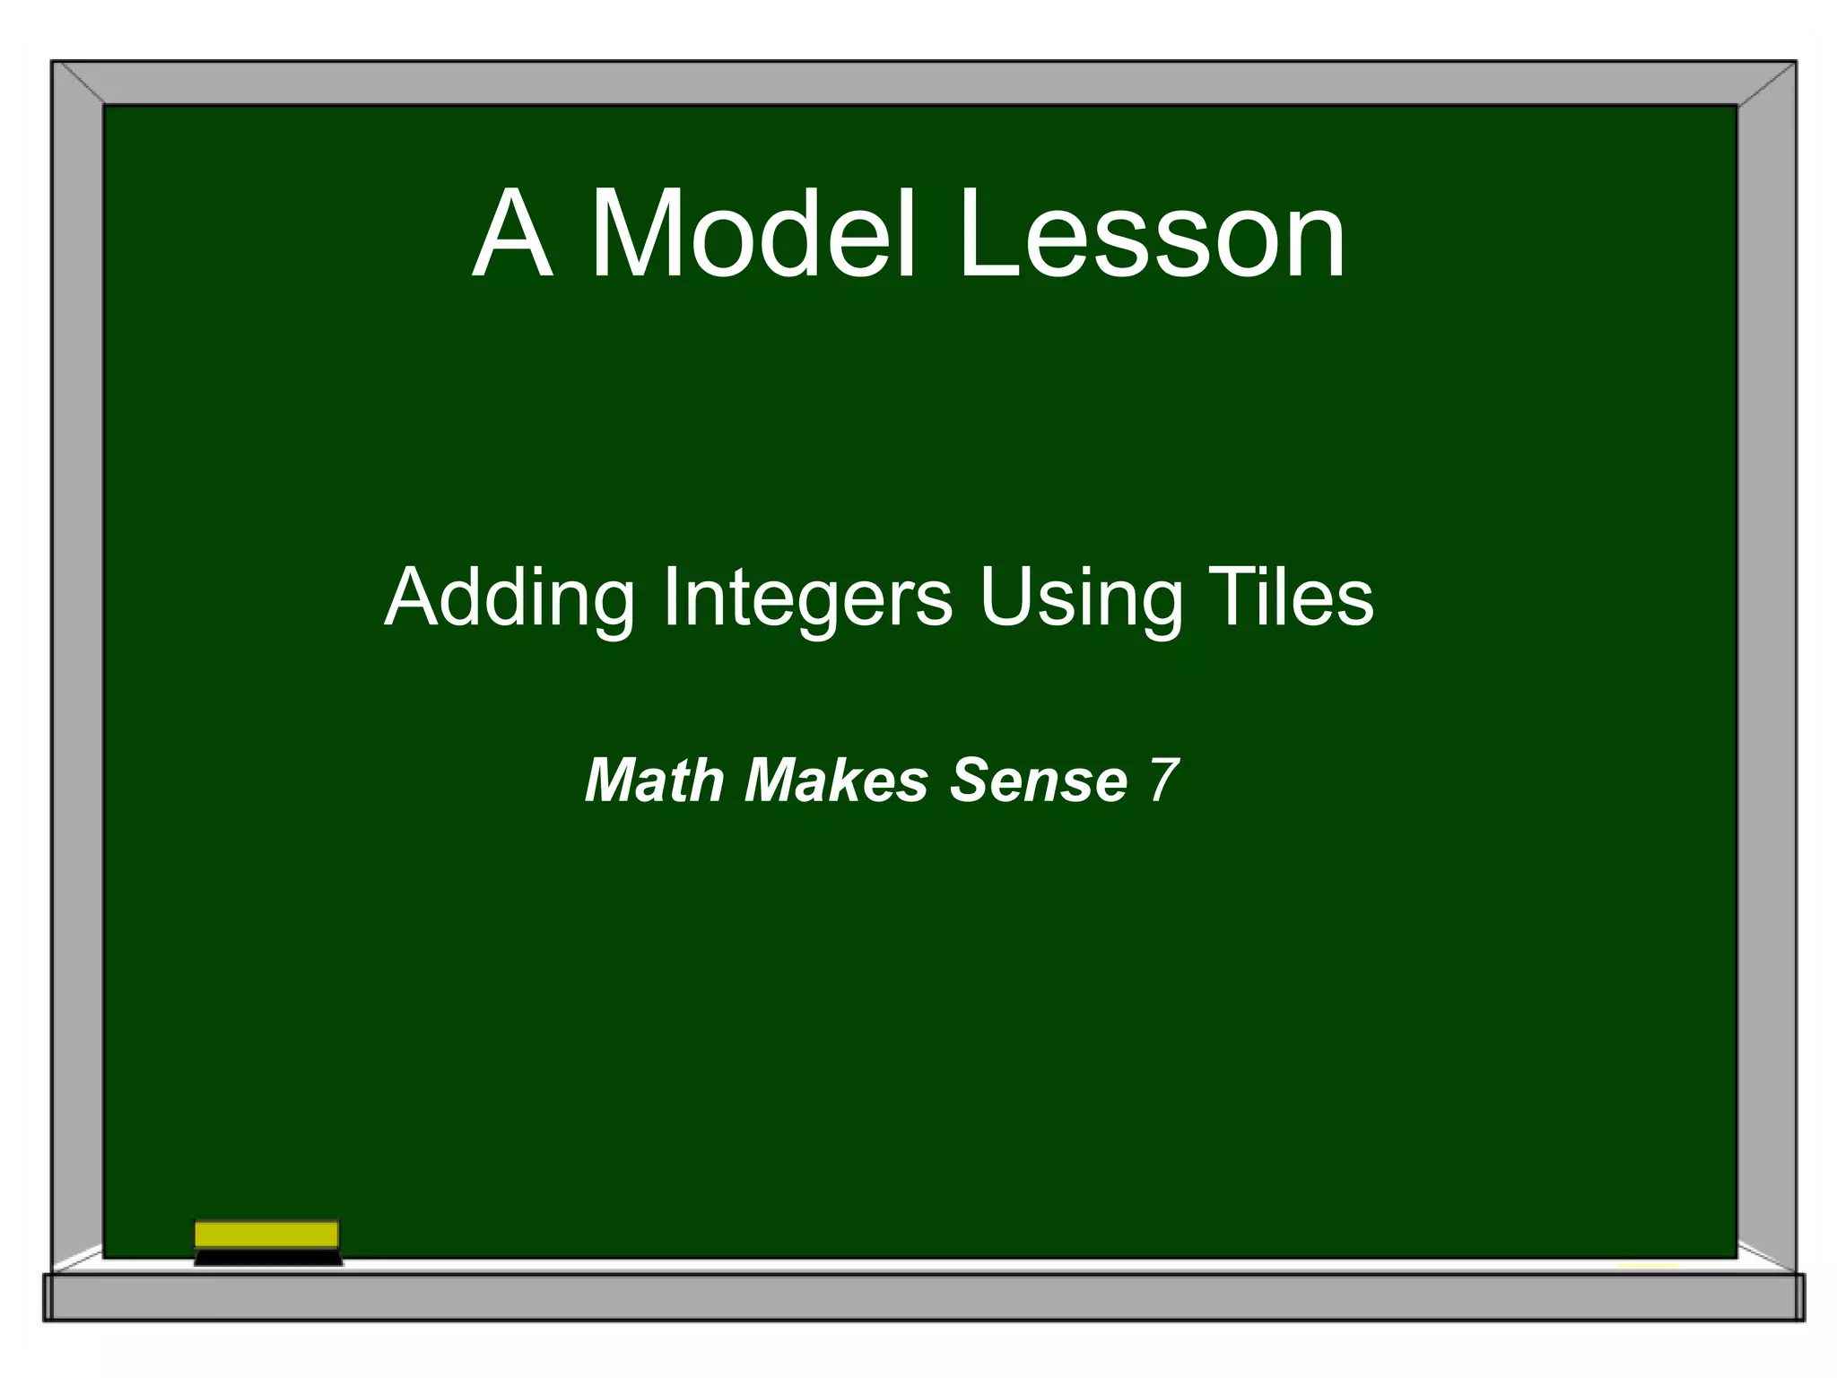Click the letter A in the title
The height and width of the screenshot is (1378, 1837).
(512, 235)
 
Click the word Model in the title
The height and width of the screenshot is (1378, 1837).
(753, 235)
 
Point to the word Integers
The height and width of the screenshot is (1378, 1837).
(807, 599)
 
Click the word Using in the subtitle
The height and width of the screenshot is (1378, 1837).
(1081, 599)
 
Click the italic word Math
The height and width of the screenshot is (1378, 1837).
(654, 780)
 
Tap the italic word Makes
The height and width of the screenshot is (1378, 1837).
(835, 780)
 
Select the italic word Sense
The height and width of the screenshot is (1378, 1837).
(1038, 780)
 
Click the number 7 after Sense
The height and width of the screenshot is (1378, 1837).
(1163, 780)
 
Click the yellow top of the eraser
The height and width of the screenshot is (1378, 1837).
(266, 1234)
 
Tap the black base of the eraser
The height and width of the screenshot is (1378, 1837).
(267, 1258)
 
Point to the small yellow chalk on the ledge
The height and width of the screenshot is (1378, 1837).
(1648, 1266)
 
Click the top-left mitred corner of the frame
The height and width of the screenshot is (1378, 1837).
(78, 83)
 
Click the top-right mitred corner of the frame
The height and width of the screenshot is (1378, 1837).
(1766, 83)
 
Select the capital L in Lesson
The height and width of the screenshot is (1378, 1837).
(983, 235)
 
